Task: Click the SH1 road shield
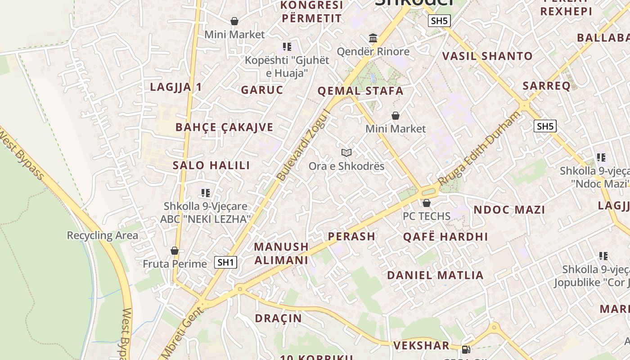[x=225, y=262]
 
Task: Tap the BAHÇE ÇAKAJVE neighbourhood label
[x=224, y=127]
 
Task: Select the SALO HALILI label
[x=211, y=165]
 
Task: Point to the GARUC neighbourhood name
[x=262, y=90]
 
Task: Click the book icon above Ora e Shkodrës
[x=346, y=153]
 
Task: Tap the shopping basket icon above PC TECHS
[x=426, y=203]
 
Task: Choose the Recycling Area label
[x=102, y=235]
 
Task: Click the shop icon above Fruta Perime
[x=175, y=251]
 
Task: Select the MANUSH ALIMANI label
[x=281, y=253]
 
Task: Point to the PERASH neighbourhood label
[x=351, y=236]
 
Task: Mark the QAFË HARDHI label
[x=445, y=237]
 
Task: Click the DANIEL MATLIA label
[x=435, y=275]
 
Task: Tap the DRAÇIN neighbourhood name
[x=278, y=318]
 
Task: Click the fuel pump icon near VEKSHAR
[x=466, y=349]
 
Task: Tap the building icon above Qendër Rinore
[x=373, y=38]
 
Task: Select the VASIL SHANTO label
[x=487, y=56]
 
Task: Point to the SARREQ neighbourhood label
[x=546, y=85]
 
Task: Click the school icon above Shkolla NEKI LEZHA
[x=206, y=193]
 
